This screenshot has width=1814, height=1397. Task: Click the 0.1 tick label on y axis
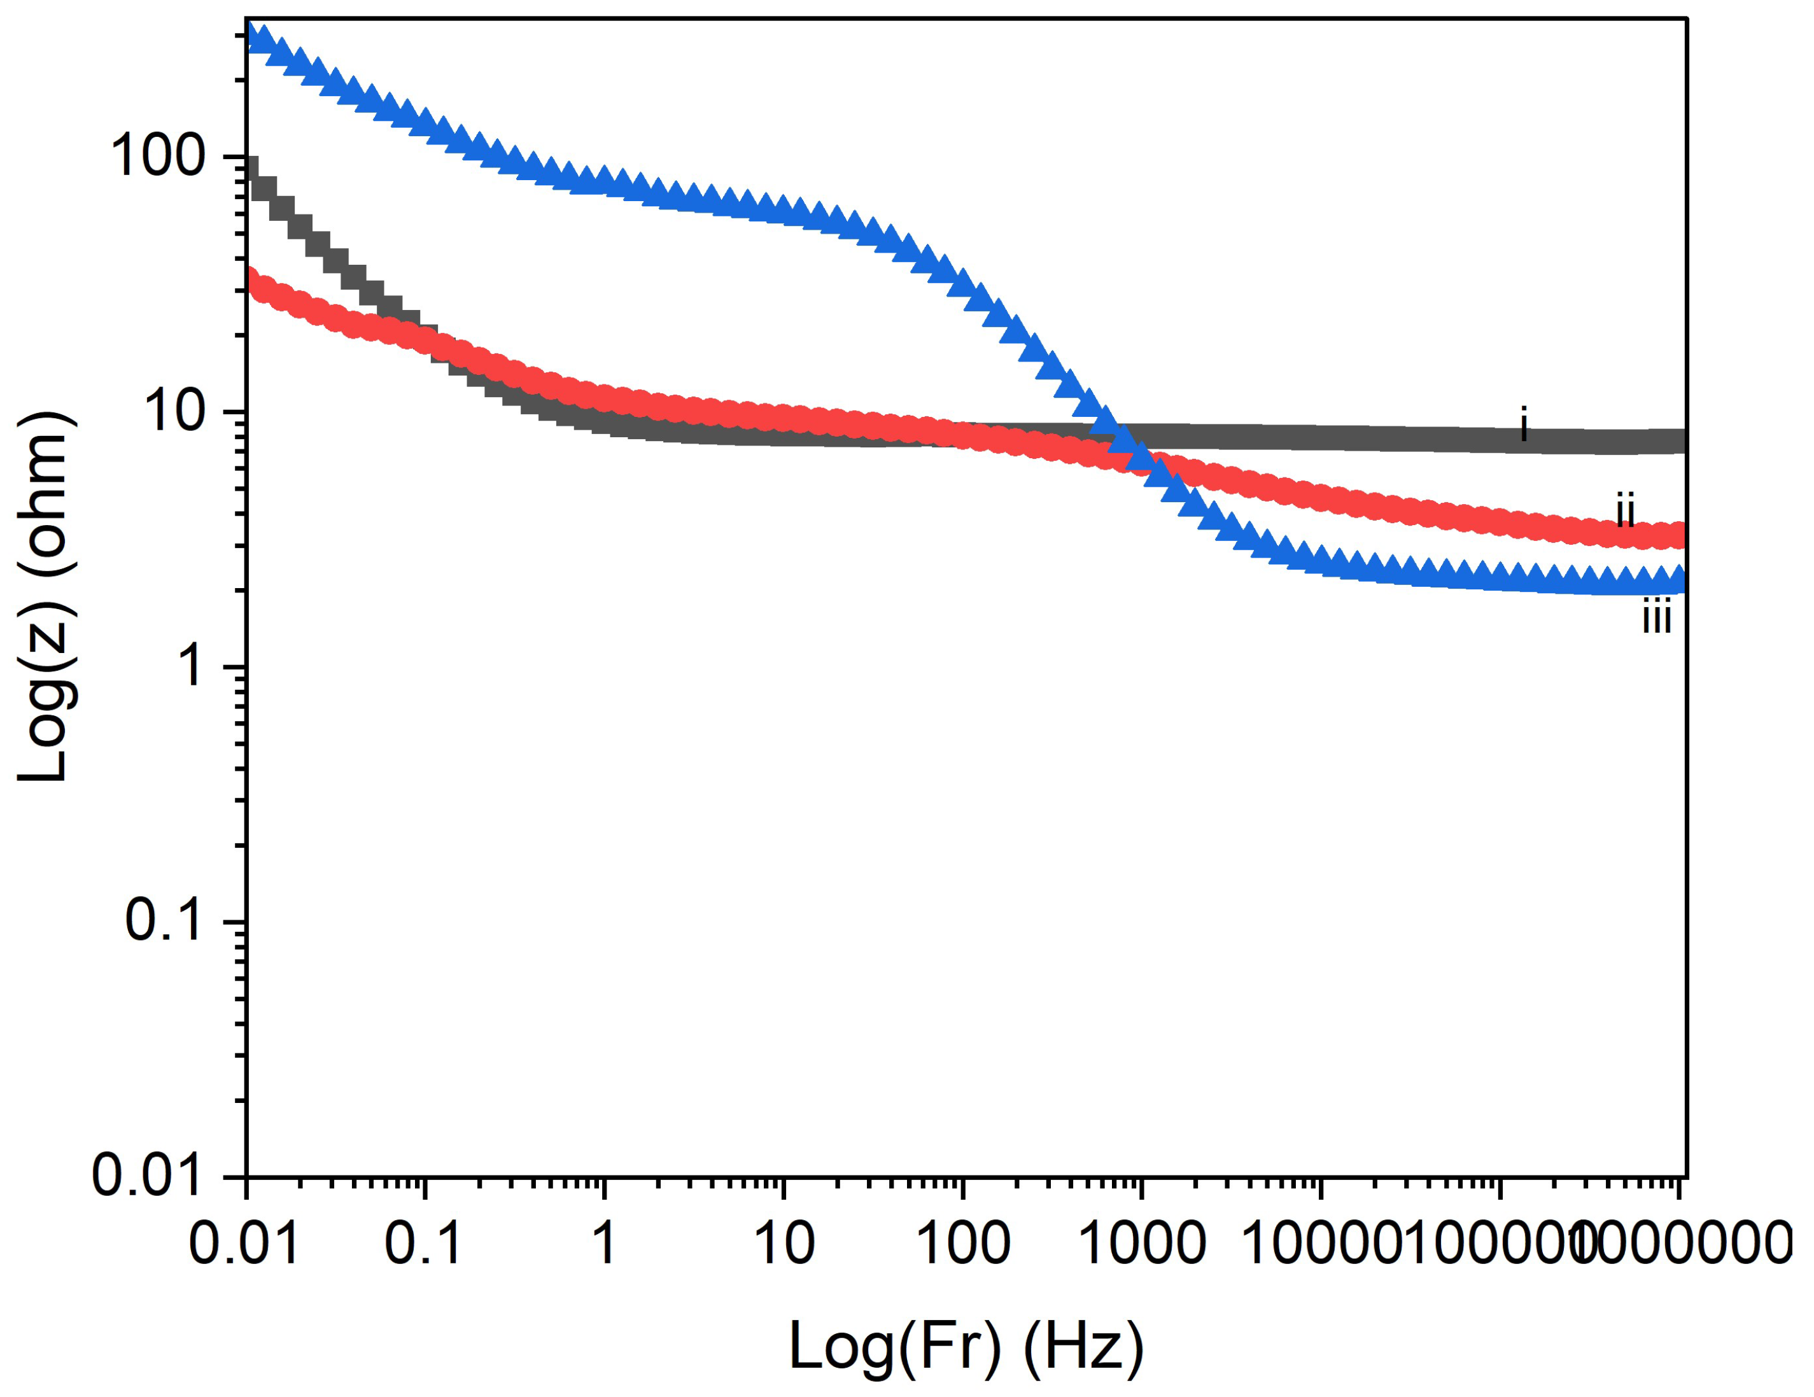click(164, 921)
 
